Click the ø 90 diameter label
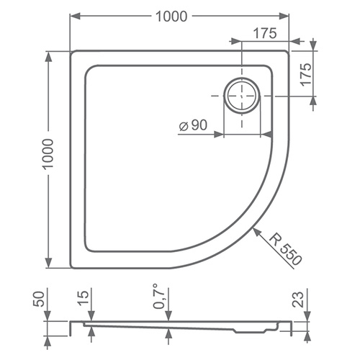192,125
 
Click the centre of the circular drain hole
243,94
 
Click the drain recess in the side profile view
245,331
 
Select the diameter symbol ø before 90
183,125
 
